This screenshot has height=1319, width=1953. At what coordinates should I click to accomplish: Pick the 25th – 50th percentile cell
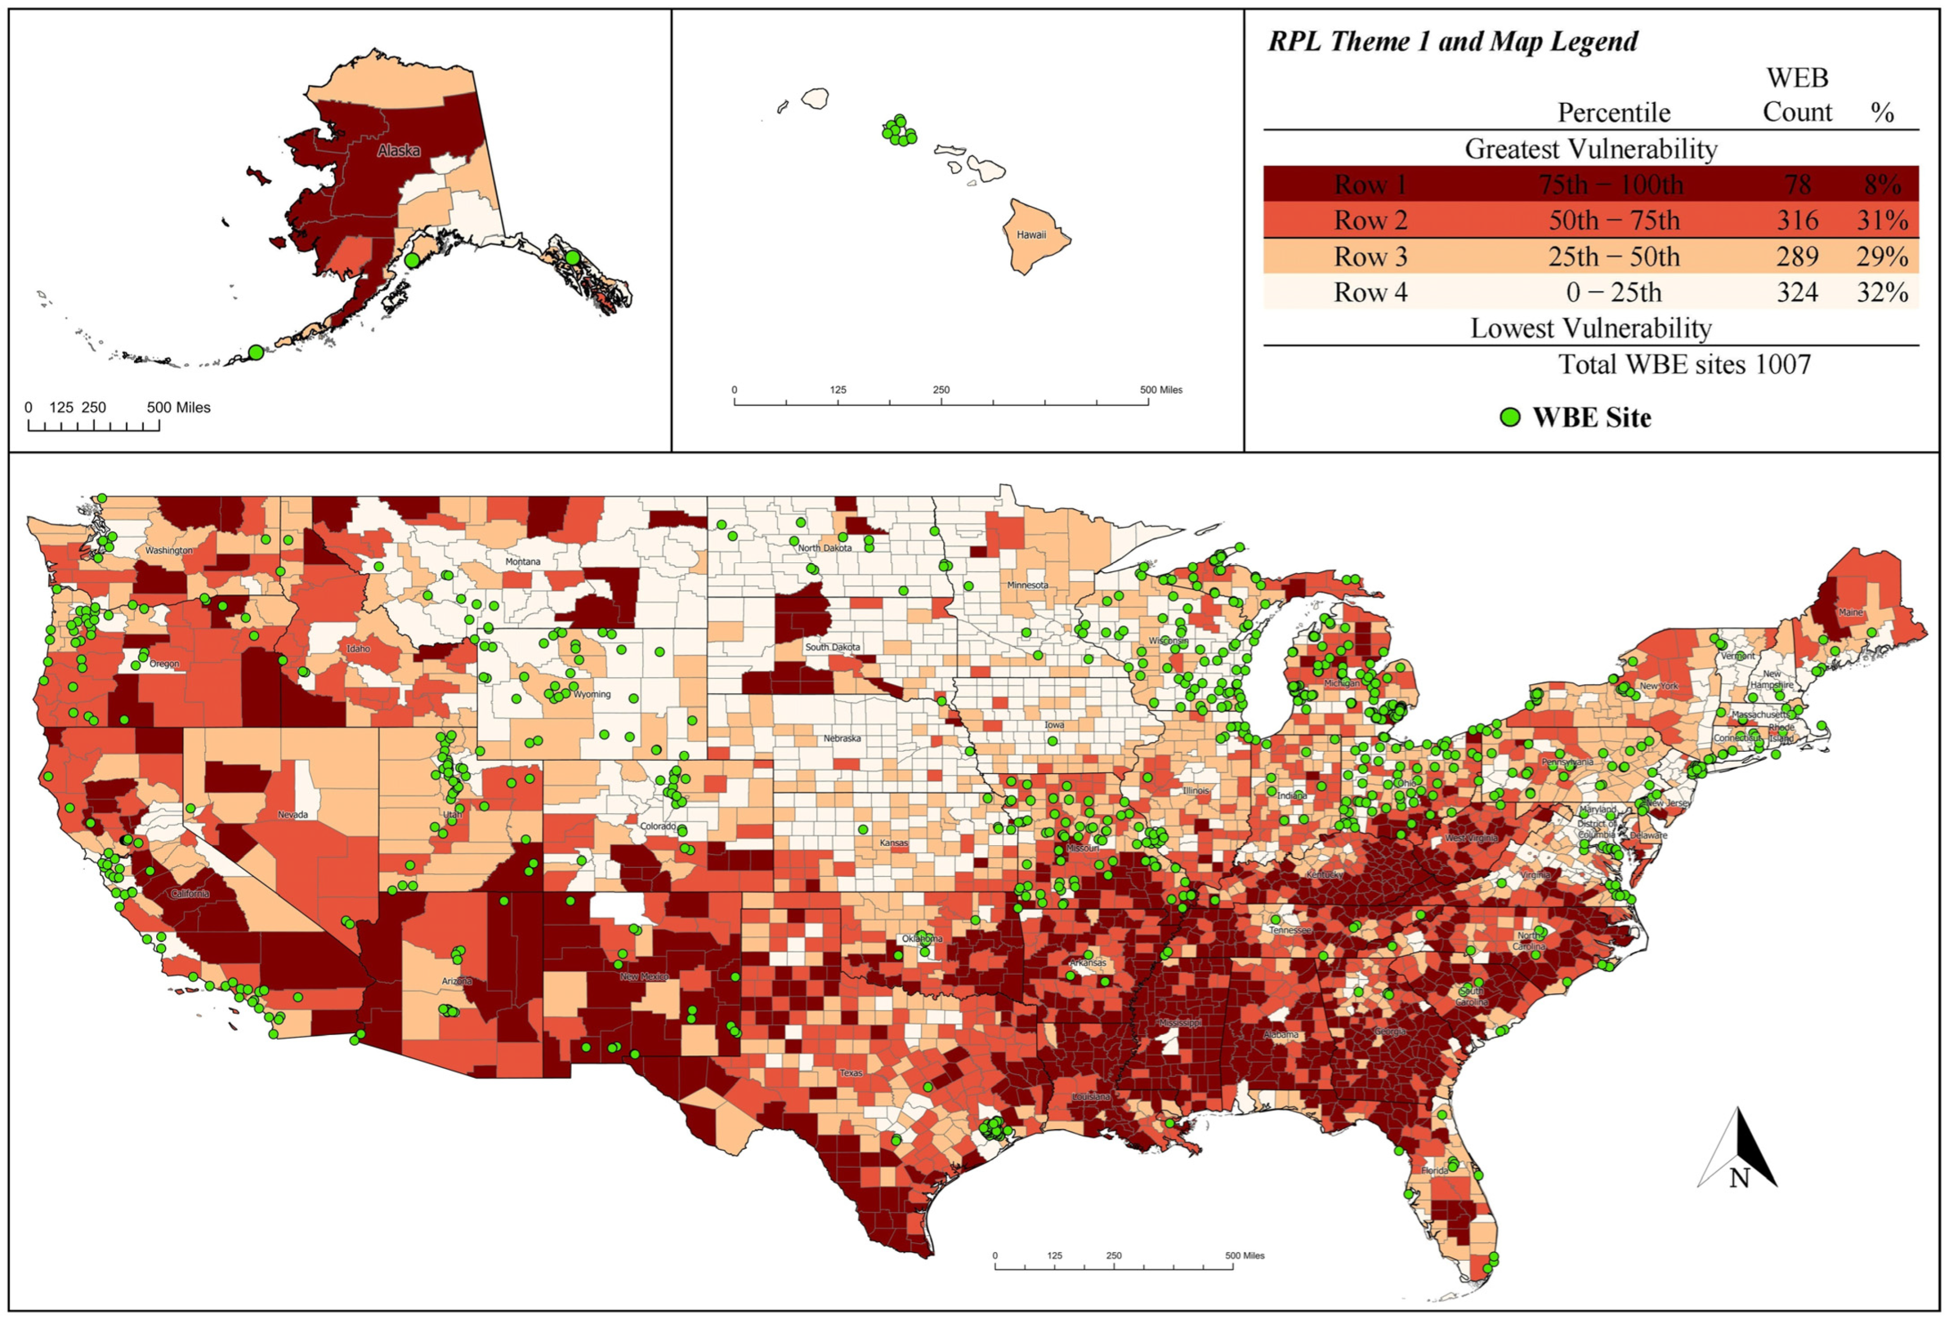click(x=1613, y=257)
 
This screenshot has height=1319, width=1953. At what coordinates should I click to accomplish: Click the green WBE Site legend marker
click(x=1510, y=417)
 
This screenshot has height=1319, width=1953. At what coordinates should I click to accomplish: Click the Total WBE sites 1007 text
click(x=1684, y=364)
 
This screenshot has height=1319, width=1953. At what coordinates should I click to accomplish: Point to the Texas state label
click(x=851, y=1073)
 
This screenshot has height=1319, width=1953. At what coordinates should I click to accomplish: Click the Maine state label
click(x=1850, y=612)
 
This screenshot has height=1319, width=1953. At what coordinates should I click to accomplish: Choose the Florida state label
click(x=1434, y=1170)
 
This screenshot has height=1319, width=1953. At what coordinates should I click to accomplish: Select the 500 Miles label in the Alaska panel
click(x=178, y=408)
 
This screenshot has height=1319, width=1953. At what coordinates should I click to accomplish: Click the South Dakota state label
click(x=832, y=647)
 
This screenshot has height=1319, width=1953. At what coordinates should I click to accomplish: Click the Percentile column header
click(x=1613, y=113)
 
